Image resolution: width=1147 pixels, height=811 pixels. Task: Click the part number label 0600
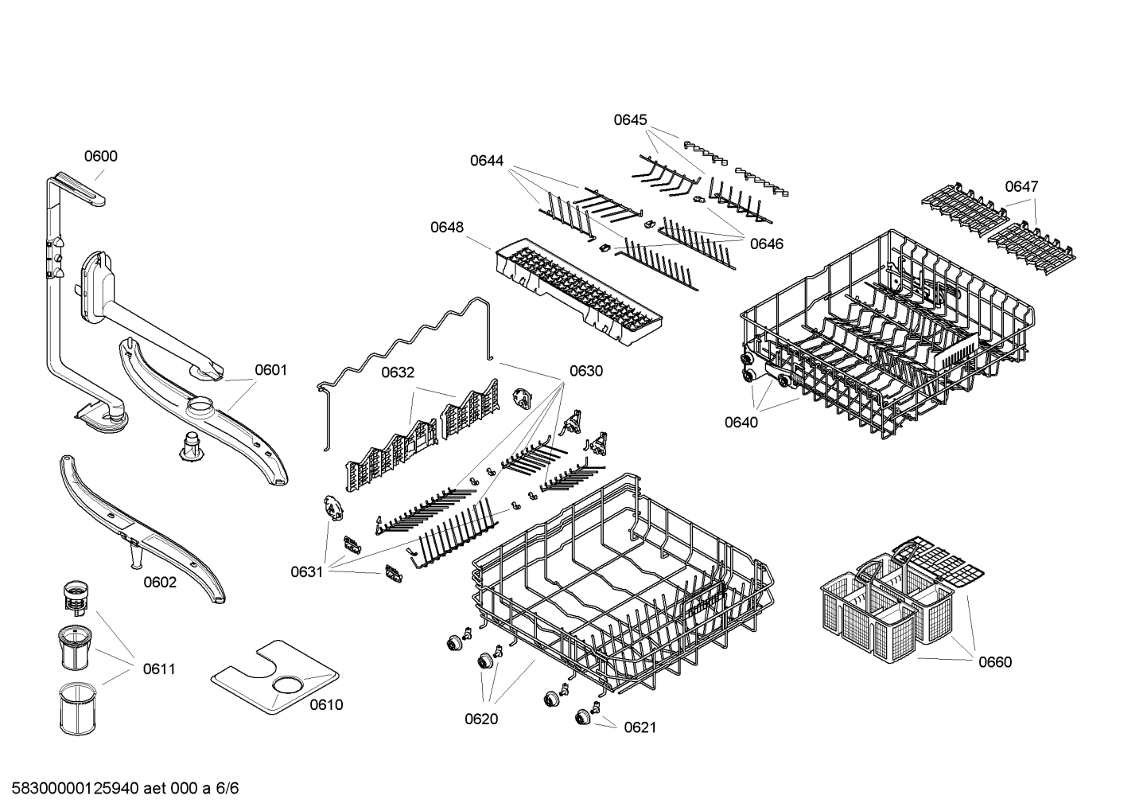point(101,156)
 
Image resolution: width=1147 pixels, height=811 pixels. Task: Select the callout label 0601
point(270,370)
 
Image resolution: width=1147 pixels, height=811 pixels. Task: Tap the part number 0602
point(160,583)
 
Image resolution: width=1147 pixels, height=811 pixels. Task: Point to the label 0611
point(159,669)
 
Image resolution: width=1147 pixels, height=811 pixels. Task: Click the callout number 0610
point(326,704)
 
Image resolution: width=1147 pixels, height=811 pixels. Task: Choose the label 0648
point(447,228)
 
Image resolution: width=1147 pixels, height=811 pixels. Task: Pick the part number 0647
point(1021,186)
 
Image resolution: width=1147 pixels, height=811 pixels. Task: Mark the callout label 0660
point(995,662)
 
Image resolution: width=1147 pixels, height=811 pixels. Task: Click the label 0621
point(640,727)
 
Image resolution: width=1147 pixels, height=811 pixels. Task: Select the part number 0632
point(398,372)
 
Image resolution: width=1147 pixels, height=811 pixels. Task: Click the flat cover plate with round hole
point(274,676)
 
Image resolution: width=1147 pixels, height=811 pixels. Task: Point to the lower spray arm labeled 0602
point(143,525)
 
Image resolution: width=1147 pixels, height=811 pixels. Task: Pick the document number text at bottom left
point(119,789)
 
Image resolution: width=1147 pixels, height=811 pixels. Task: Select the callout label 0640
point(741,423)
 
